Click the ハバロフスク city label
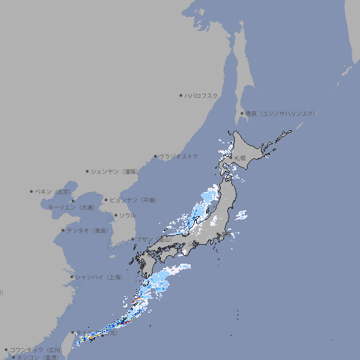point(202,96)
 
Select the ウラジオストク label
point(179,156)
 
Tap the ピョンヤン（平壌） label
point(133,200)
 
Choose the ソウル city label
point(127,215)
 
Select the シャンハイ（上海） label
point(98,277)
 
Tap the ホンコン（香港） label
point(38,357)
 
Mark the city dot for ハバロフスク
point(181,96)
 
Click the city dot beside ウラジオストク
point(155,156)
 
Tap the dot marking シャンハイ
point(72,277)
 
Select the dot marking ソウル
point(115,215)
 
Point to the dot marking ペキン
point(32,191)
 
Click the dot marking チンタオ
point(63,231)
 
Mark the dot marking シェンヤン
point(87,171)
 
